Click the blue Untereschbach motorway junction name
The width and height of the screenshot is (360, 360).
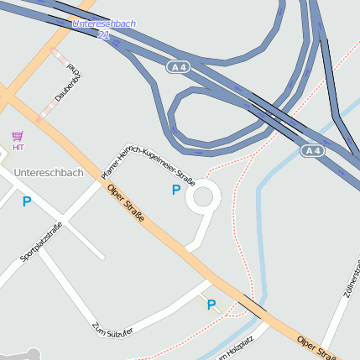(104, 23)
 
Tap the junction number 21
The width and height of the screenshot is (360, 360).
(103, 35)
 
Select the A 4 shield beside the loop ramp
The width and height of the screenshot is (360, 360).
(176, 66)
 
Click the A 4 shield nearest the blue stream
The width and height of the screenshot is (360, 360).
(312, 150)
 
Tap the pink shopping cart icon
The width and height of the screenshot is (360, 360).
(18, 136)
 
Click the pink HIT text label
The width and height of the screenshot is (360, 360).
(18, 147)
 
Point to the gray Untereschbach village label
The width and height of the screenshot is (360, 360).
(49, 173)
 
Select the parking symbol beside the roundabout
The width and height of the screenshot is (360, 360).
(175, 190)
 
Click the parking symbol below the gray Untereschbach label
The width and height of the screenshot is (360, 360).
(27, 201)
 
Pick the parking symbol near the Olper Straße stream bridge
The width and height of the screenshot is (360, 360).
(211, 305)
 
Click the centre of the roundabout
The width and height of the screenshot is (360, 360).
(203, 198)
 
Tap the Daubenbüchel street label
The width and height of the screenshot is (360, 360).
(68, 84)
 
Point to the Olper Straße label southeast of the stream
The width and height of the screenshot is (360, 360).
(317, 347)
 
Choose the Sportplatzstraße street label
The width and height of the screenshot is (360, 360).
(41, 243)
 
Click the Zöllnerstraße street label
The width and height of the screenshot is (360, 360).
(351, 282)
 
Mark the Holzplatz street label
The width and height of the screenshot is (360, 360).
(236, 350)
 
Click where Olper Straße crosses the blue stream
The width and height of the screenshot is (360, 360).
(257, 306)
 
